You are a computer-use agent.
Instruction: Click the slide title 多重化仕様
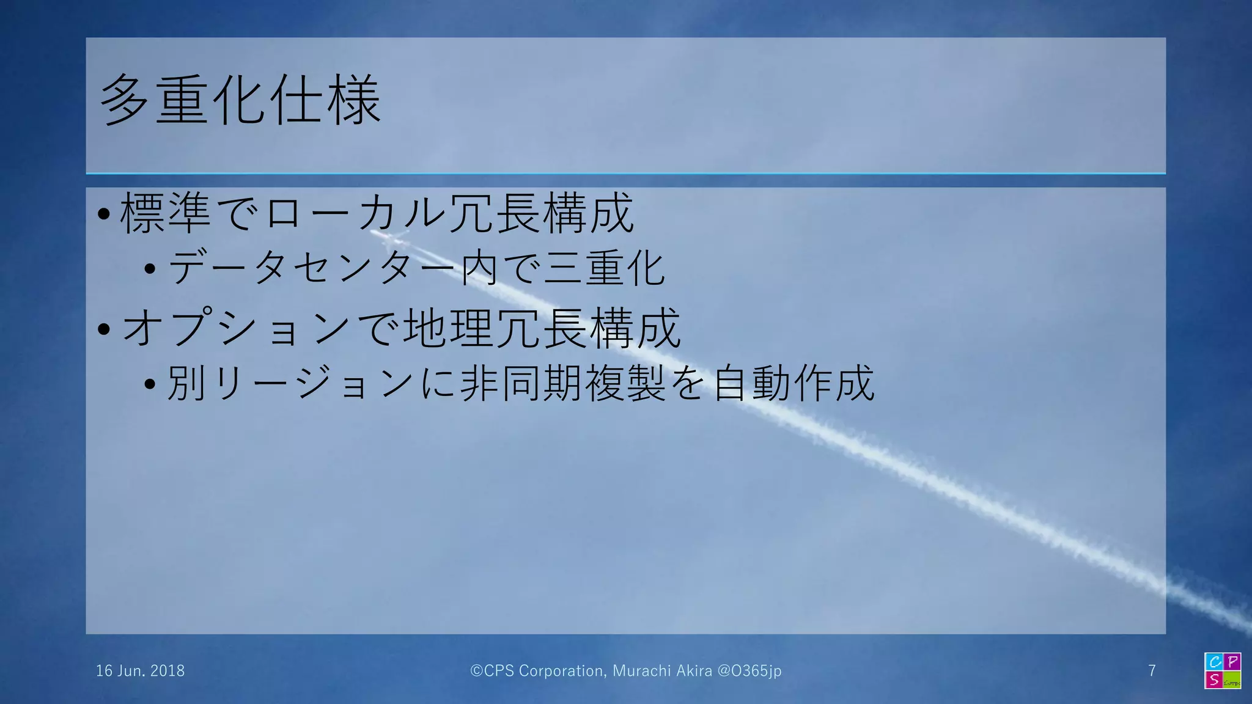click(240, 101)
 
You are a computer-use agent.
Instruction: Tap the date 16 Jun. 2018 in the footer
click(140, 671)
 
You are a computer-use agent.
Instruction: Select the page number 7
click(1152, 671)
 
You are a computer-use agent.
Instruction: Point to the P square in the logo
click(1232, 662)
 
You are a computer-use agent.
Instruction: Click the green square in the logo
click(1232, 680)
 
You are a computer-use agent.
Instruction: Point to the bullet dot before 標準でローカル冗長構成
click(104, 214)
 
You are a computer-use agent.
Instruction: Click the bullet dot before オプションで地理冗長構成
click(104, 329)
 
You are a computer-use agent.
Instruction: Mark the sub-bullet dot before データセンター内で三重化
click(150, 268)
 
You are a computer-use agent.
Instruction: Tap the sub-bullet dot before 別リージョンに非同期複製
click(150, 384)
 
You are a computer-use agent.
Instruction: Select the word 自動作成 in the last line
click(794, 383)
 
